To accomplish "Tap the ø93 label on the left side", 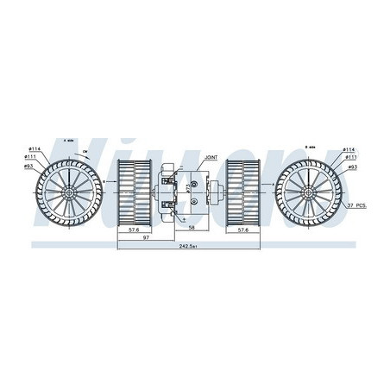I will pyautogui.click(x=31, y=165).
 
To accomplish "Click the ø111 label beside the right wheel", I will pyautogui.click(x=352, y=157).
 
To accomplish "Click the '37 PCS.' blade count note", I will pyautogui.click(x=357, y=204).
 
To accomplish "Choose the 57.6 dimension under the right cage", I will pyautogui.click(x=244, y=230).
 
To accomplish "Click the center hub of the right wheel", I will pyautogui.click(x=309, y=189).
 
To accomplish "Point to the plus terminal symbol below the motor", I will pyautogui.click(x=185, y=218).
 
